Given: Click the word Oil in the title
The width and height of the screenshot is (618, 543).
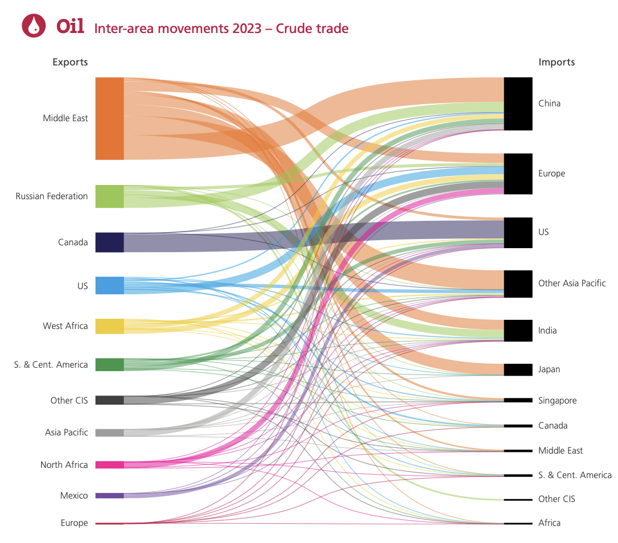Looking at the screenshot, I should coord(71,26).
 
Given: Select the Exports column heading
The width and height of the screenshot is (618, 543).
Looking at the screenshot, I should coord(70,62).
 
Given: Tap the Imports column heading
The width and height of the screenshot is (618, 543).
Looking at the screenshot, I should coord(557,62).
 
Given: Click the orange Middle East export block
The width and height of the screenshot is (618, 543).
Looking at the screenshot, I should coord(109,118).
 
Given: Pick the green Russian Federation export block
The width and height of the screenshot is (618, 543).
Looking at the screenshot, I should coord(109,196).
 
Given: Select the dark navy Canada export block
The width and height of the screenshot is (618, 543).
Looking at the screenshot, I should coord(109,242).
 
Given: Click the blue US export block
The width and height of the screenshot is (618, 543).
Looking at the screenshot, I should coord(109,285).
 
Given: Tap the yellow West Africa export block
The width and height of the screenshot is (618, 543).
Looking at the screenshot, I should coord(109,326).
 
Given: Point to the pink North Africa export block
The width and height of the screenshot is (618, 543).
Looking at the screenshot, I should coord(109,464).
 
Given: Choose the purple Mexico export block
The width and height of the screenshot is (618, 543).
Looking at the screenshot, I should coord(109,495).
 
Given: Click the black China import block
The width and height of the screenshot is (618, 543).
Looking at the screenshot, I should coord(518,104).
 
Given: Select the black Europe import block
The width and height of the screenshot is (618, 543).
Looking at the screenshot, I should coord(518,174).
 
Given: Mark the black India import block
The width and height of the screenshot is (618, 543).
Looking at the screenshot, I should coord(518,330).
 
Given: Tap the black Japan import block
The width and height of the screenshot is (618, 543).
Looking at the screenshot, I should coord(518,369).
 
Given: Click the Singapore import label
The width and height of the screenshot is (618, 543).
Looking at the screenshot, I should coord(557,401).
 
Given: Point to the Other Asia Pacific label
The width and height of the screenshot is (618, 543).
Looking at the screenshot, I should coord(572,283).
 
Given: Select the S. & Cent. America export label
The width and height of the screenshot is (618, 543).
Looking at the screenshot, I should coord(51,365).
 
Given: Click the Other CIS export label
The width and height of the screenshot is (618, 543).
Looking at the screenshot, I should coord(69,400).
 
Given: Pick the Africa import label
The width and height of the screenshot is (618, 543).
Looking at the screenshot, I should coord(549,523).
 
